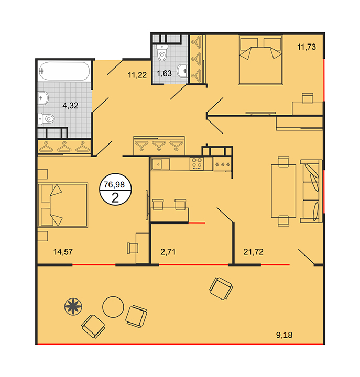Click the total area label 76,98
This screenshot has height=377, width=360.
click(x=114, y=185)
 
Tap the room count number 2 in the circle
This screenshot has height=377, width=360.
click(x=115, y=198)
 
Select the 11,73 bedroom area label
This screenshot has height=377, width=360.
click(x=307, y=47)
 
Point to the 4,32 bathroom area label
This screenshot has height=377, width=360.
click(x=70, y=105)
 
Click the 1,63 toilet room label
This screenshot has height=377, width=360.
click(x=164, y=73)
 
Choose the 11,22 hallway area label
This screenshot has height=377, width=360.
click(x=137, y=75)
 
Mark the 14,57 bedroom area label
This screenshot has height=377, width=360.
click(x=63, y=252)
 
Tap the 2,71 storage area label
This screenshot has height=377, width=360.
click(x=168, y=252)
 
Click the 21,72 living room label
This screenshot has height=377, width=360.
click(x=254, y=252)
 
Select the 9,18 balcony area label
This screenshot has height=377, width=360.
click(x=284, y=335)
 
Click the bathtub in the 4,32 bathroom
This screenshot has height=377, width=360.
click(x=64, y=71)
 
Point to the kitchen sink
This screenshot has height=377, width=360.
click(x=160, y=164)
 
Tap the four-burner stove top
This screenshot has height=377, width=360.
click(x=197, y=164)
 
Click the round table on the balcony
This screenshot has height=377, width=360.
click(x=113, y=307)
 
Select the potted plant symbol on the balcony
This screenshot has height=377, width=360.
click(x=73, y=306)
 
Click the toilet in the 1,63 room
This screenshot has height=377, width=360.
click(x=161, y=53)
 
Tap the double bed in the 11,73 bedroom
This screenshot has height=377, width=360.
click(x=260, y=60)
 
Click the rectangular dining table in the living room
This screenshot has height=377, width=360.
click(x=283, y=191)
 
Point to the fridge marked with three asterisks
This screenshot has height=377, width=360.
click(x=222, y=164)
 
